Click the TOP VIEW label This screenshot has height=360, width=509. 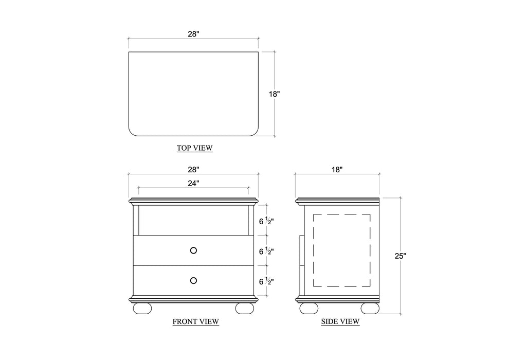pos(194,148)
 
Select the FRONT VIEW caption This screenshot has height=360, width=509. pos(195,322)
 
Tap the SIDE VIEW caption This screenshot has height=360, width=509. pos(340,322)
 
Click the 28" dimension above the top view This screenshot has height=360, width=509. pos(193,34)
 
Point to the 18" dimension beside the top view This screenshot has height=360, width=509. pos(275,94)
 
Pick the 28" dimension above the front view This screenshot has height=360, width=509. pos(193,170)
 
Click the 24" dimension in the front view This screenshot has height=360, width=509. pos(193,184)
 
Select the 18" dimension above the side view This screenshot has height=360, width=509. pos(337,170)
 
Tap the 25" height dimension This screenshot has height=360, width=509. pos(400,256)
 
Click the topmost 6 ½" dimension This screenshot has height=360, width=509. pos(266,221)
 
